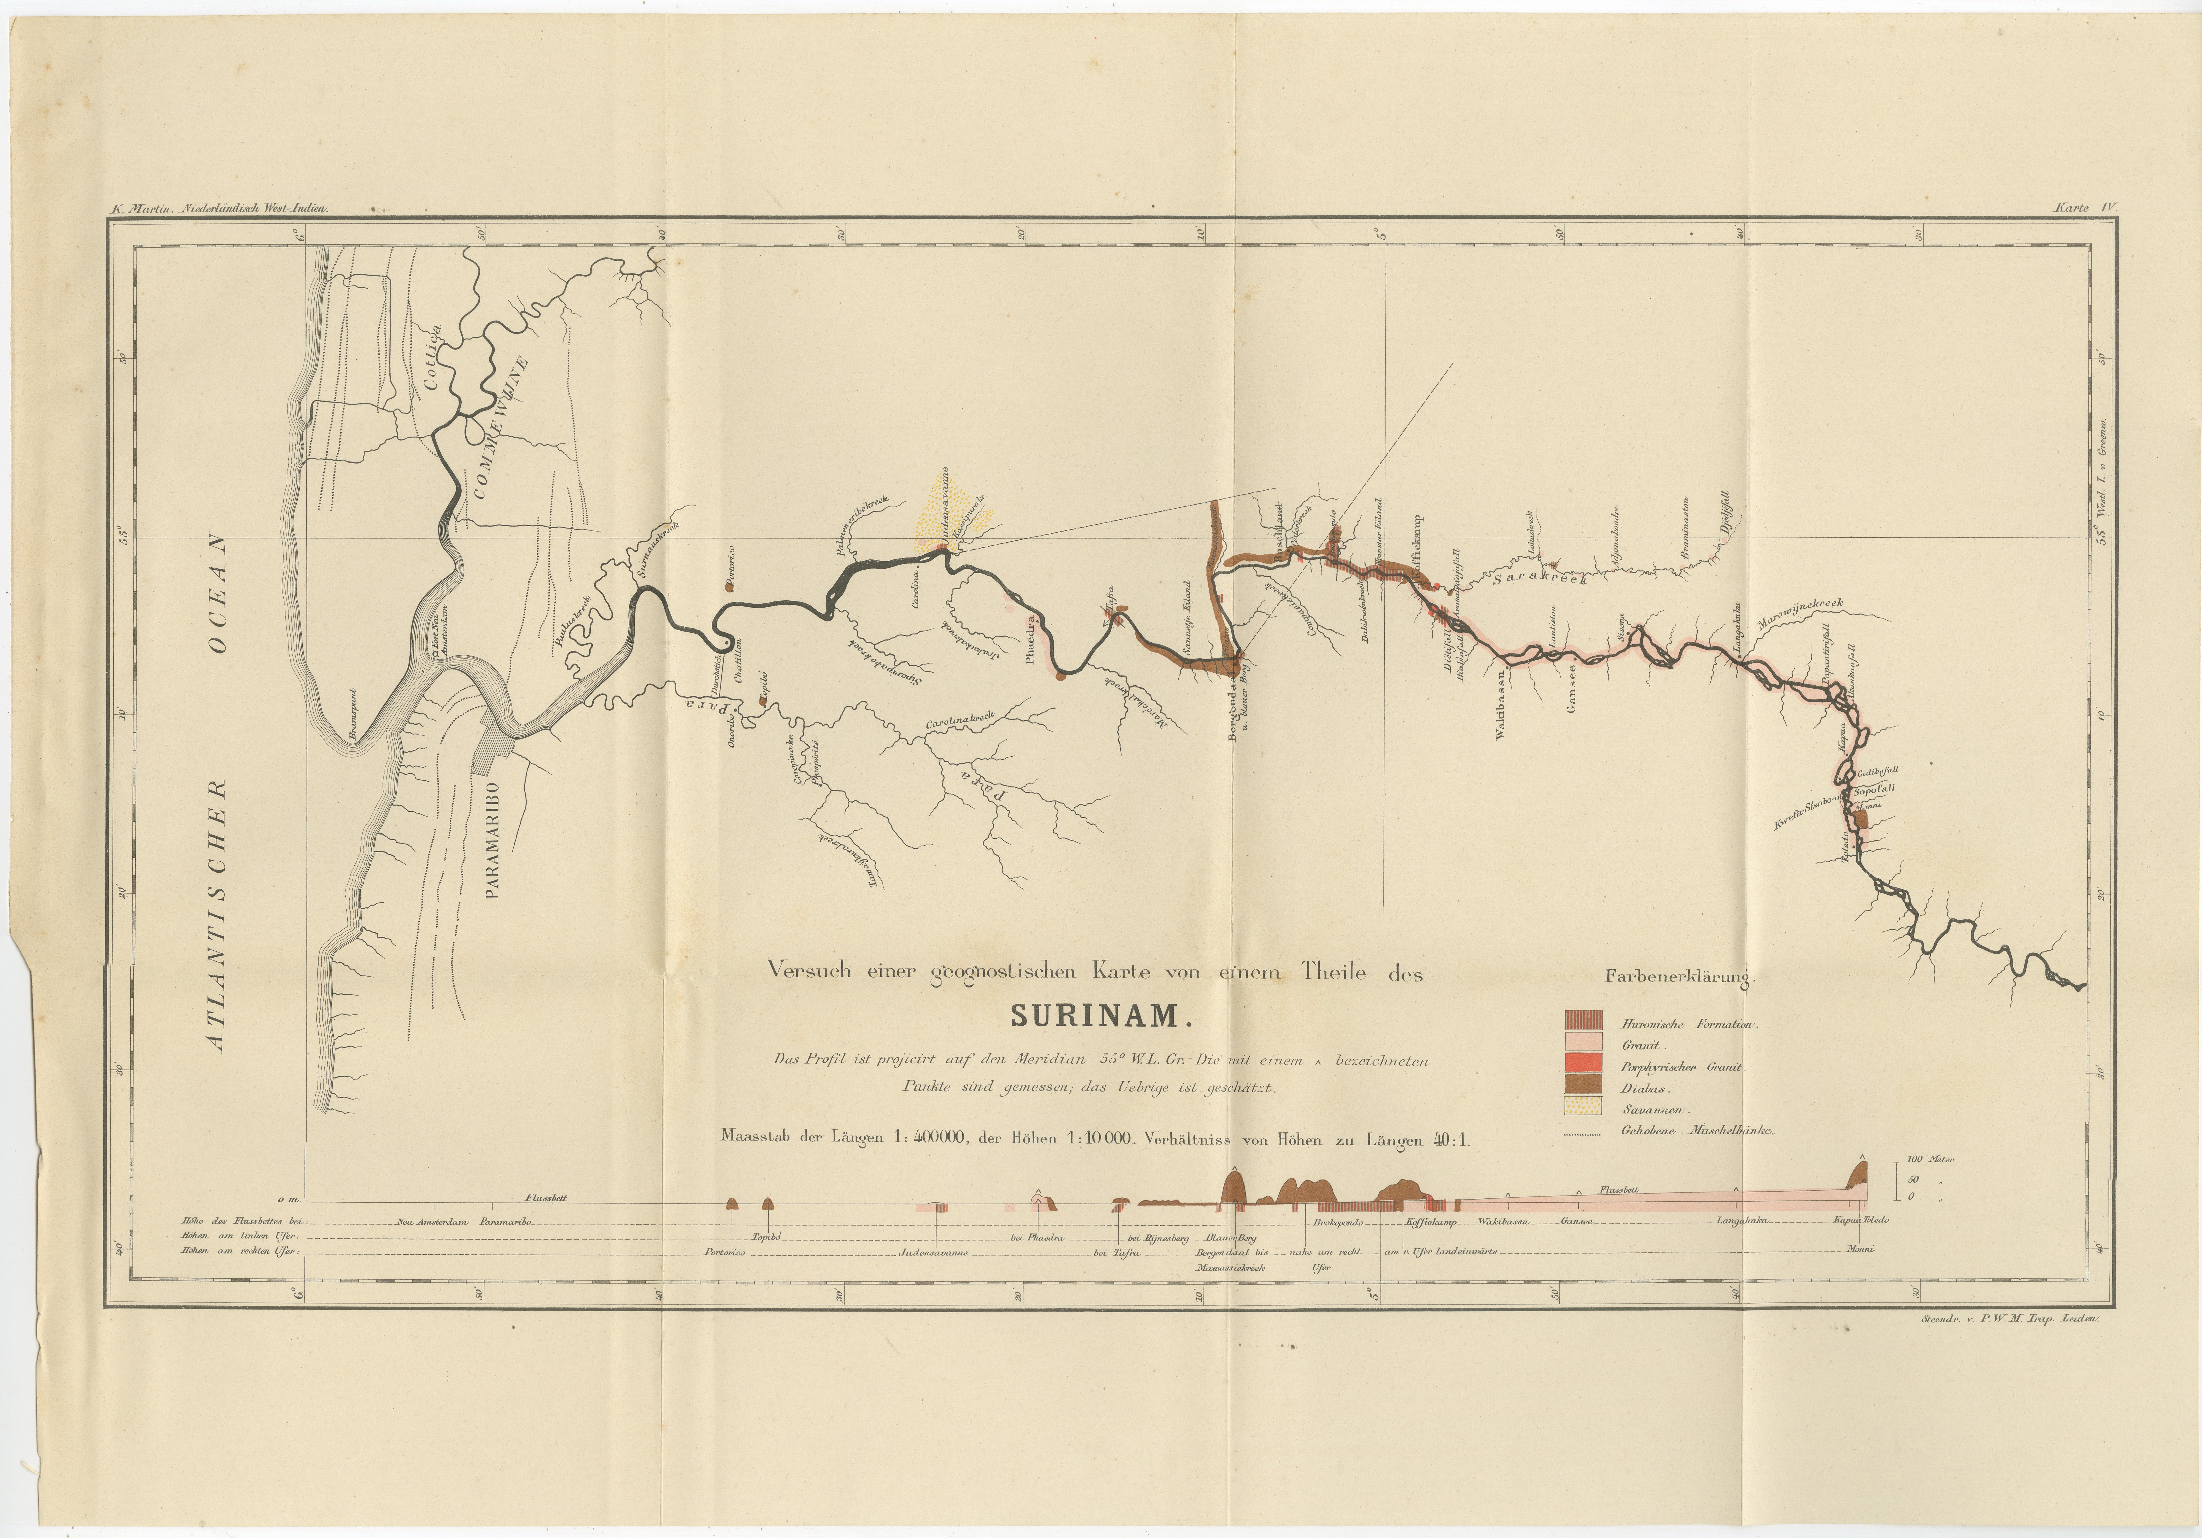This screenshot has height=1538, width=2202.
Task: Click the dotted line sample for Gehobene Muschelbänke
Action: coord(1582,1134)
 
